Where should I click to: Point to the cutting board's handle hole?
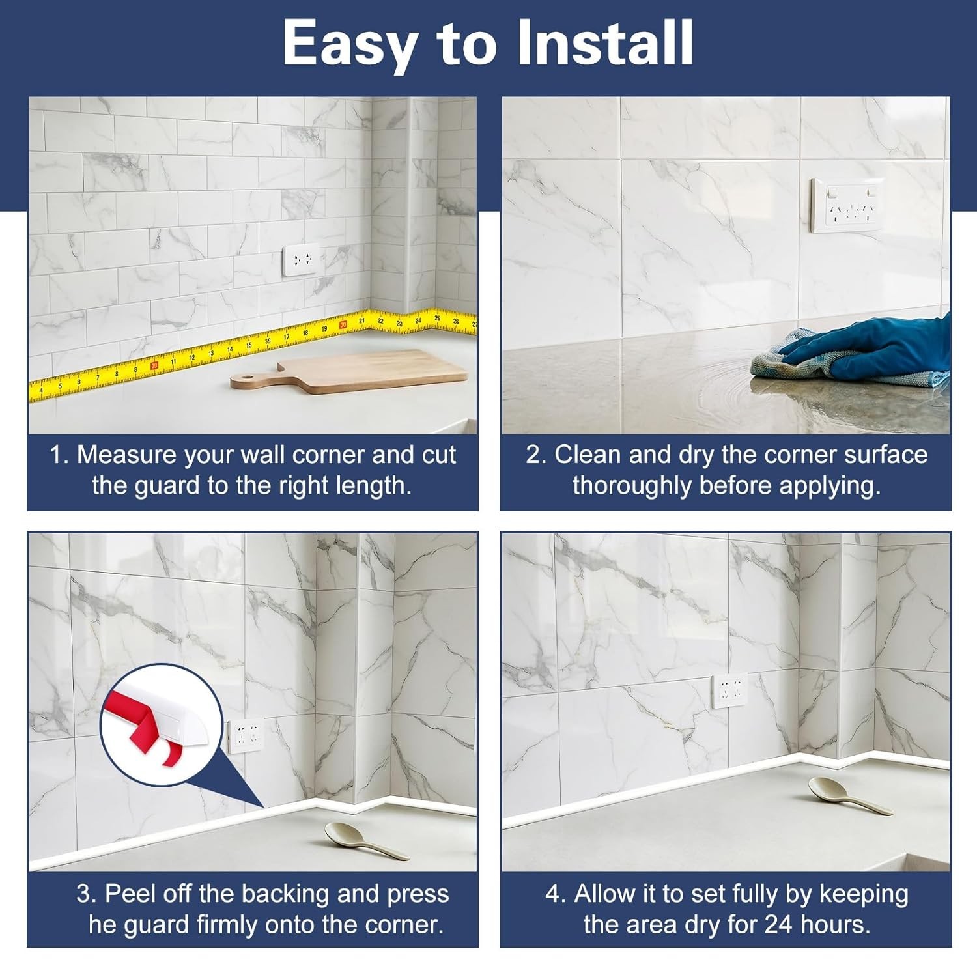pos(243,380)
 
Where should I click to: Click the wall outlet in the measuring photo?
pos(301,260)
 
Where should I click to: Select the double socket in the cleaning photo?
pos(847,205)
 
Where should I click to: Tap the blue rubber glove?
pos(872,350)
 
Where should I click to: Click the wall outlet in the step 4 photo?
pos(729,691)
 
